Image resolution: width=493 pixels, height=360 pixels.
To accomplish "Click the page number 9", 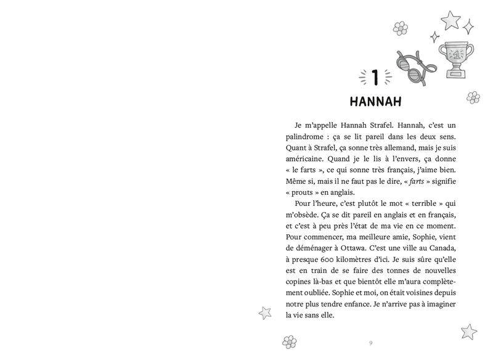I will coord(370,343).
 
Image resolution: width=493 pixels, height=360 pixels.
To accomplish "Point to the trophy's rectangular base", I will coord(457,74).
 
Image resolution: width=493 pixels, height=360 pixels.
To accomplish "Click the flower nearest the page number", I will coord(290,341).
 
